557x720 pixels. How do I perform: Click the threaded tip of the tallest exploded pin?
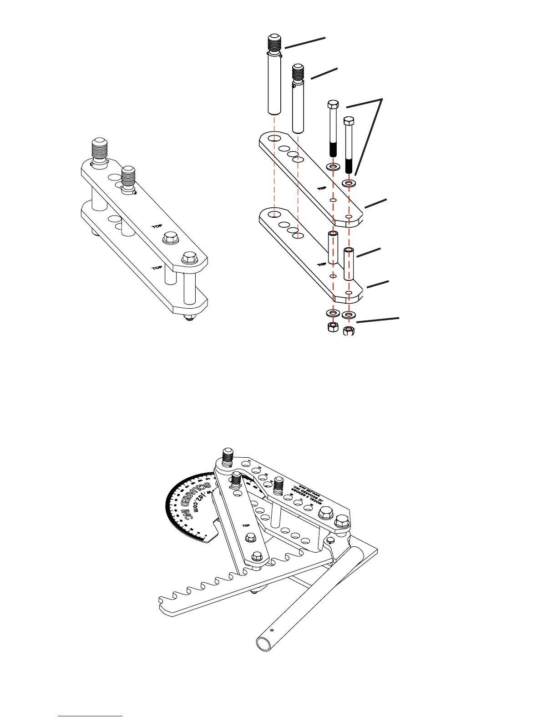274,43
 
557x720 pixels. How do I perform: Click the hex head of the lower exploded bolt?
349,121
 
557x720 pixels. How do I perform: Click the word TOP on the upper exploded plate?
322,188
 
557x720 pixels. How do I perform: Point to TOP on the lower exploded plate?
322,264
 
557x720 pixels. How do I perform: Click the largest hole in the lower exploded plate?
274,214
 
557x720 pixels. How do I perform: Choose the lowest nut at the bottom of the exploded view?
349,330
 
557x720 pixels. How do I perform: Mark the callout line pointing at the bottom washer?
378,319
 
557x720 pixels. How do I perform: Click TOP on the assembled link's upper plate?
157,226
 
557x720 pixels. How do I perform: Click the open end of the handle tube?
263,644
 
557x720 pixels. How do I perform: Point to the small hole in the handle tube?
272,630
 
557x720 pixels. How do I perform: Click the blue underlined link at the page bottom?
90,715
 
